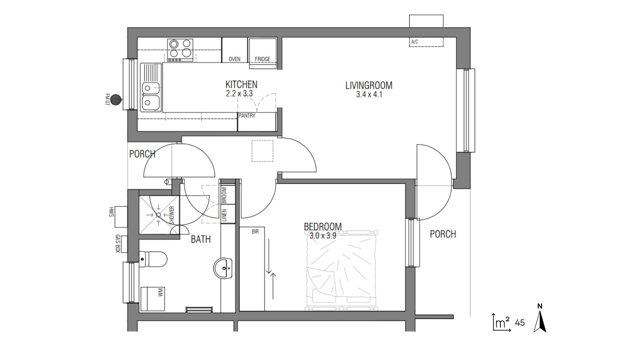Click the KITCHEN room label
(241, 84)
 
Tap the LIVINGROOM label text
(369, 85)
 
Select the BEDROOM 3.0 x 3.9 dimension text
(323, 236)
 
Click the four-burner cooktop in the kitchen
(180, 50)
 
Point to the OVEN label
(234, 59)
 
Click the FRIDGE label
(262, 59)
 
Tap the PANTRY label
(247, 116)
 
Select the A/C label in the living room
(415, 42)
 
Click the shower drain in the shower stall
(158, 215)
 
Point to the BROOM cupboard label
(224, 195)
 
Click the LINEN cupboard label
(224, 215)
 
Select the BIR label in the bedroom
(255, 231)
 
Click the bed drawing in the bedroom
(343, 270)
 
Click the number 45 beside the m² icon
(520, 323)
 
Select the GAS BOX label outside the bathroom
(117, 243)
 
